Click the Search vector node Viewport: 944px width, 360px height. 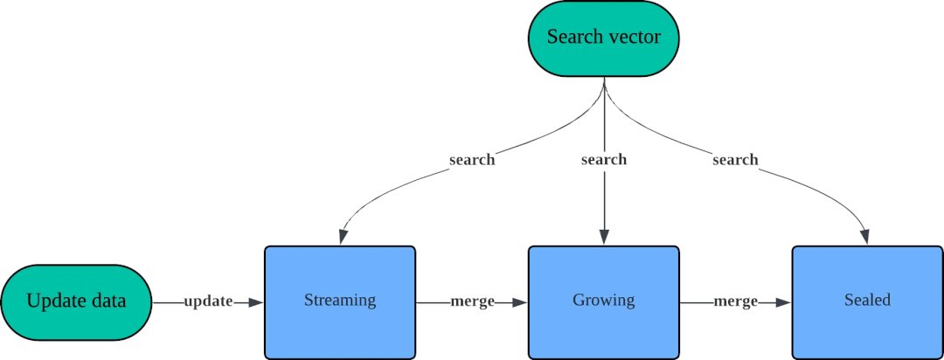point(603,38)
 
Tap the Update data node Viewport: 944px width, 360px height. point(76,301)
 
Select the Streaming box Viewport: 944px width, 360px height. point(339,301)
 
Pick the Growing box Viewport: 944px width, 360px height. point(603,301)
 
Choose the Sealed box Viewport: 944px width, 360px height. point(867,301)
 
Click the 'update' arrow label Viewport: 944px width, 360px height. point(208,301)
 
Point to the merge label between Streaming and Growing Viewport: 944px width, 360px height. point(472,301)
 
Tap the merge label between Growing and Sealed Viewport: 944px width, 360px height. point(735,301)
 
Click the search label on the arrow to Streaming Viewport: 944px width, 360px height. point(472,160)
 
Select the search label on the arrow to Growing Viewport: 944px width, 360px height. point(603,160)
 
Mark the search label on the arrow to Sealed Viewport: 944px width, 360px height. point(735,160)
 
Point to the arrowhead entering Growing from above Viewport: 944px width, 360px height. point(603,237)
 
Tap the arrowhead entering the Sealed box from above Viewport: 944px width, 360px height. point(865,237)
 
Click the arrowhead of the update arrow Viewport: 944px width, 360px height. point(255,302)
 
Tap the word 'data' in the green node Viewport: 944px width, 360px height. point(105,301)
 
